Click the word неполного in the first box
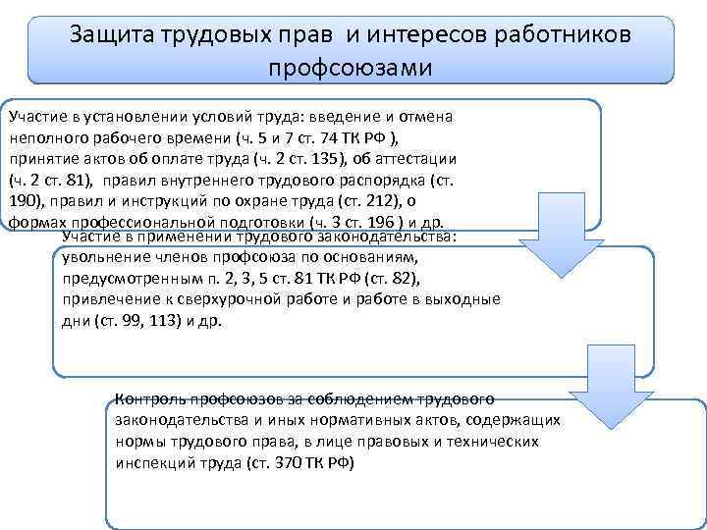(42, 137)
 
